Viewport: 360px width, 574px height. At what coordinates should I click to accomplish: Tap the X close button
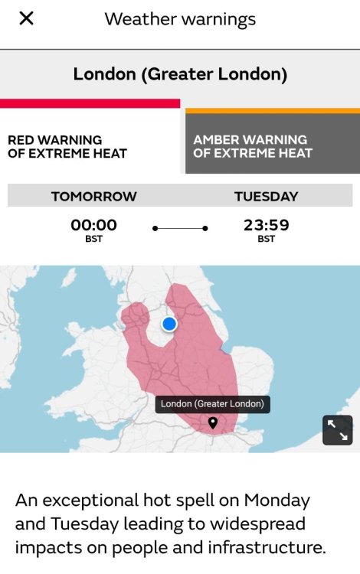pyautogui.click(x=26, y=18)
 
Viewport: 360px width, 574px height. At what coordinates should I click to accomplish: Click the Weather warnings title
pyautogui.click(x=180, y=18)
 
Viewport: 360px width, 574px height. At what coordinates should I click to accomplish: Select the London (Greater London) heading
pyautogui.click(x=180, y=74)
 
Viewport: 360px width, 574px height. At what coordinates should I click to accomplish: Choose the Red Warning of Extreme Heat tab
pyautogui.click(x=67, y=146)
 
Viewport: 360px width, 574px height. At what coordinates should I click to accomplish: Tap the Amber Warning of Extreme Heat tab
pyautogui.click(x=253, y=146)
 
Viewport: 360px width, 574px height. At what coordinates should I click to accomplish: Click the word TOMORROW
pyautogui.click(x=93, y=197)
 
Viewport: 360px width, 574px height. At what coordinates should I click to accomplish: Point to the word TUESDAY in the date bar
pyautogui.click(x=266, y=197)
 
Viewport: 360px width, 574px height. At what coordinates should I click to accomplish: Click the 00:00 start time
pyautogui.click(x=93, y=225)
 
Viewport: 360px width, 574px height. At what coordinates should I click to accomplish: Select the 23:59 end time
pyautogui.click(x=266, y=225)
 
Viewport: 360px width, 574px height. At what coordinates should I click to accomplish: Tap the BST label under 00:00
pyautogui.click(x=93, y=240)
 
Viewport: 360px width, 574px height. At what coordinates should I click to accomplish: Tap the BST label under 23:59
pyautogui.click(x=266, y=240)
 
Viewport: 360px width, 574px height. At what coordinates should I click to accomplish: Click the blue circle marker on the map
pyautogui.click(x=169, y=325)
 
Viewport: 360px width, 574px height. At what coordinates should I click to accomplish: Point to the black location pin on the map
pyautogui.click(x=213, y=422)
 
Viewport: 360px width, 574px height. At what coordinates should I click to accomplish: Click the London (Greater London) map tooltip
pyautogui.click(x=212, y=403)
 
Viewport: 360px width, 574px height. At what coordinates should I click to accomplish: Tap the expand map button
pyautogui.click(x=337, y=430)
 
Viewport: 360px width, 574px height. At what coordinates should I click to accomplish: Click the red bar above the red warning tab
pyautogui.click(x=90, y=103)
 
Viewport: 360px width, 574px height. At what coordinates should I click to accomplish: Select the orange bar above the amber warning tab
pyautogui.click(x=272, y=111)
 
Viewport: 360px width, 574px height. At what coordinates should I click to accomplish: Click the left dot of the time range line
pyautogui.click(x=155, y=228)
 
